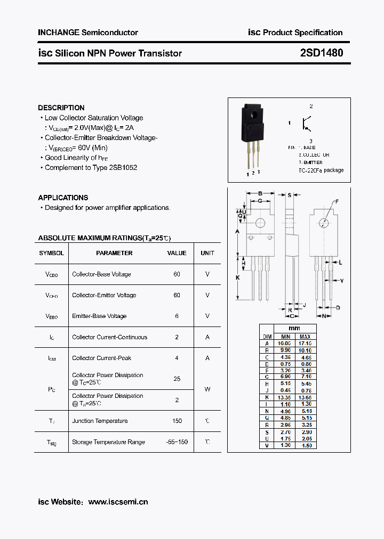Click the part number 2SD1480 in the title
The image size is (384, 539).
(x=321, y=53)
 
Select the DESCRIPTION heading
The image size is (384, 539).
(x=61, y=108)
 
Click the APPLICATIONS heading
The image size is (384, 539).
(x=63, y=198)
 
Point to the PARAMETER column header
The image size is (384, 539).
(x=114, y=253)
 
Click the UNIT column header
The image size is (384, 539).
(x=207, y=253)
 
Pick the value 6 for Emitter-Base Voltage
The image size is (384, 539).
(x=177, y=316)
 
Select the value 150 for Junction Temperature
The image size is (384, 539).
(x=177, y=421)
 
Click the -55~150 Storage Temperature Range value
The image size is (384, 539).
(x=177, y=442)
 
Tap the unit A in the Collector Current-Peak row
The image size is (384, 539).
(x=207, y=358)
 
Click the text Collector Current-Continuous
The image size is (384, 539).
(x=109, y=337)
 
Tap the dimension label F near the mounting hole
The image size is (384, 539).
(x=337, y=201)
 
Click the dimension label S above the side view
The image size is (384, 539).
(x=289, y=195)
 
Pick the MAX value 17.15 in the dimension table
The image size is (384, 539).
(x=305, y=344)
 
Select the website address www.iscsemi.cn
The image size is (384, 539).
(x=118, y=502)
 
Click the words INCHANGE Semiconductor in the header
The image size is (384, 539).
(x=88, y=32)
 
